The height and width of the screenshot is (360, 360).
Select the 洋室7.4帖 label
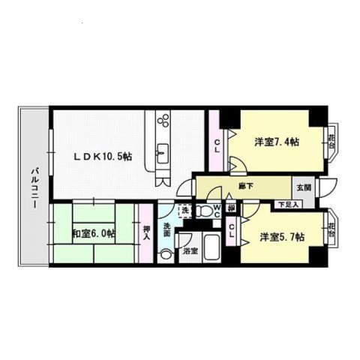(277, 142)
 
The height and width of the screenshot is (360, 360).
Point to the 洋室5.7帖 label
(281, 237)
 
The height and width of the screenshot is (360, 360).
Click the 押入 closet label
(146, 232)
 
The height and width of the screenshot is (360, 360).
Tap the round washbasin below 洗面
(165, 254)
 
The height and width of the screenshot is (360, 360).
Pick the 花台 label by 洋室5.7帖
(330, 227)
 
